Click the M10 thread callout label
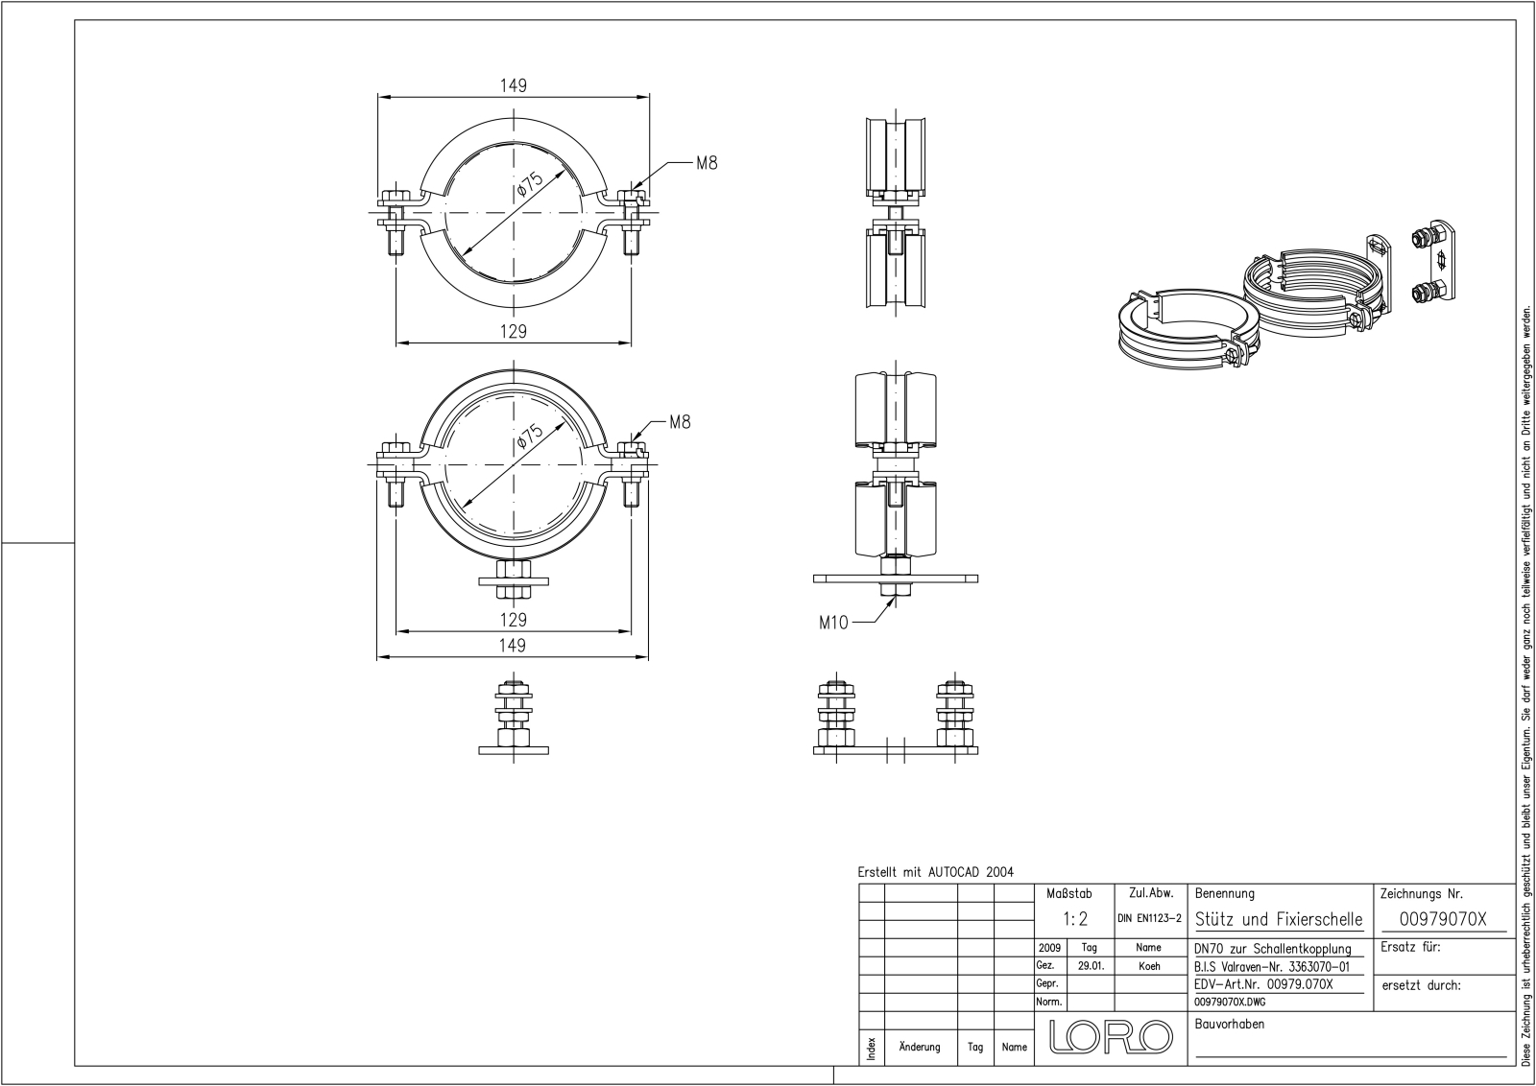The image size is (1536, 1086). [x=833, y=623]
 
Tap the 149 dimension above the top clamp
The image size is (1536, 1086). [x=514, y=86]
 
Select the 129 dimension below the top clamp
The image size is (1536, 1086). [x=514, y=332]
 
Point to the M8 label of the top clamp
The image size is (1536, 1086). [x=706, y=163]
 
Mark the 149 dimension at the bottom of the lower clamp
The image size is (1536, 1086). [x=514, y=646]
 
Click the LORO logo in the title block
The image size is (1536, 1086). [x=1112, y=1036]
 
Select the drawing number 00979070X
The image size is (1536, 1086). [x=1443, y=919]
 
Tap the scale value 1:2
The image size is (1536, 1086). [x=1076, y=919]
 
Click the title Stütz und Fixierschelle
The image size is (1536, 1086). [x=1279, y=919]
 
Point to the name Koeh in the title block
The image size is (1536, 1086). [x=1149, y=966]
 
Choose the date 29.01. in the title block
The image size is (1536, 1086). [x=1091, y=966]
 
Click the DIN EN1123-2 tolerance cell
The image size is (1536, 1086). [x=1152, y=919]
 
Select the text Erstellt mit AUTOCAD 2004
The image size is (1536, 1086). [x=935, y=872]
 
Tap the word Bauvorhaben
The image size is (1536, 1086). [x=1230, y=1024]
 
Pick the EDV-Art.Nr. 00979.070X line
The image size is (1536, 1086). [x=1264, y=984]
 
